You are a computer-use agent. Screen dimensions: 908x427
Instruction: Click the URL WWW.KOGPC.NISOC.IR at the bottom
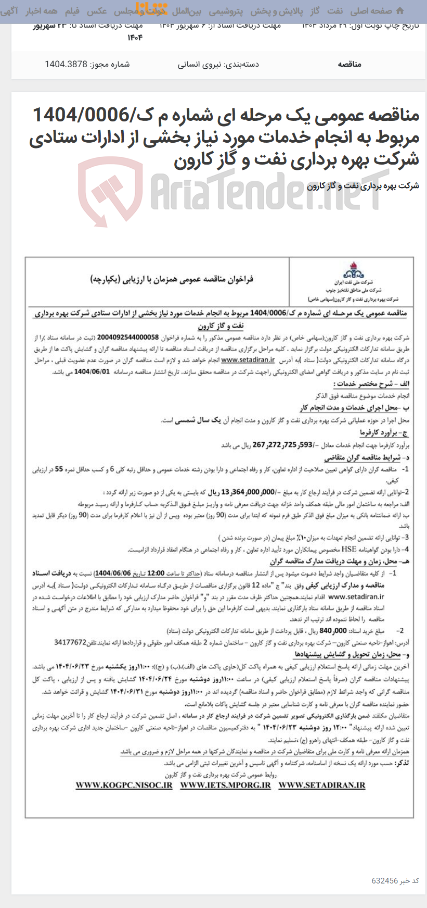click(x=124, y=785)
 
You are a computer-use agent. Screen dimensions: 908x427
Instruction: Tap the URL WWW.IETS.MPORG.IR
click(x=225, y=785)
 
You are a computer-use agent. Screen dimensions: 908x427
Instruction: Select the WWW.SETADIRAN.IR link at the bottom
click(x=322, y=785)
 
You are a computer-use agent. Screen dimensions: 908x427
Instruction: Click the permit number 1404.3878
click(x=67, y=64)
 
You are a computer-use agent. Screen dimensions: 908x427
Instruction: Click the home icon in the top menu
click(x=399, y=11)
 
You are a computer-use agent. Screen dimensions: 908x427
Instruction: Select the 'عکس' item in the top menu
click(x=97, y=11)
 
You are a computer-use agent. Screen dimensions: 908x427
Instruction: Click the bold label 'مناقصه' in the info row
click(x=349, y=64)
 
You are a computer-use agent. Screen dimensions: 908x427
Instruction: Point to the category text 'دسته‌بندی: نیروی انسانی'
click(x=218, y=64)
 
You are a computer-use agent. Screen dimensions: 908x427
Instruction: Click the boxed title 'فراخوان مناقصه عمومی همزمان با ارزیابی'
click(x=172, y=280)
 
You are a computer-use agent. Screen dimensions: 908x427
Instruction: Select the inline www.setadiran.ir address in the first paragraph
click(x=248, y=359)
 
